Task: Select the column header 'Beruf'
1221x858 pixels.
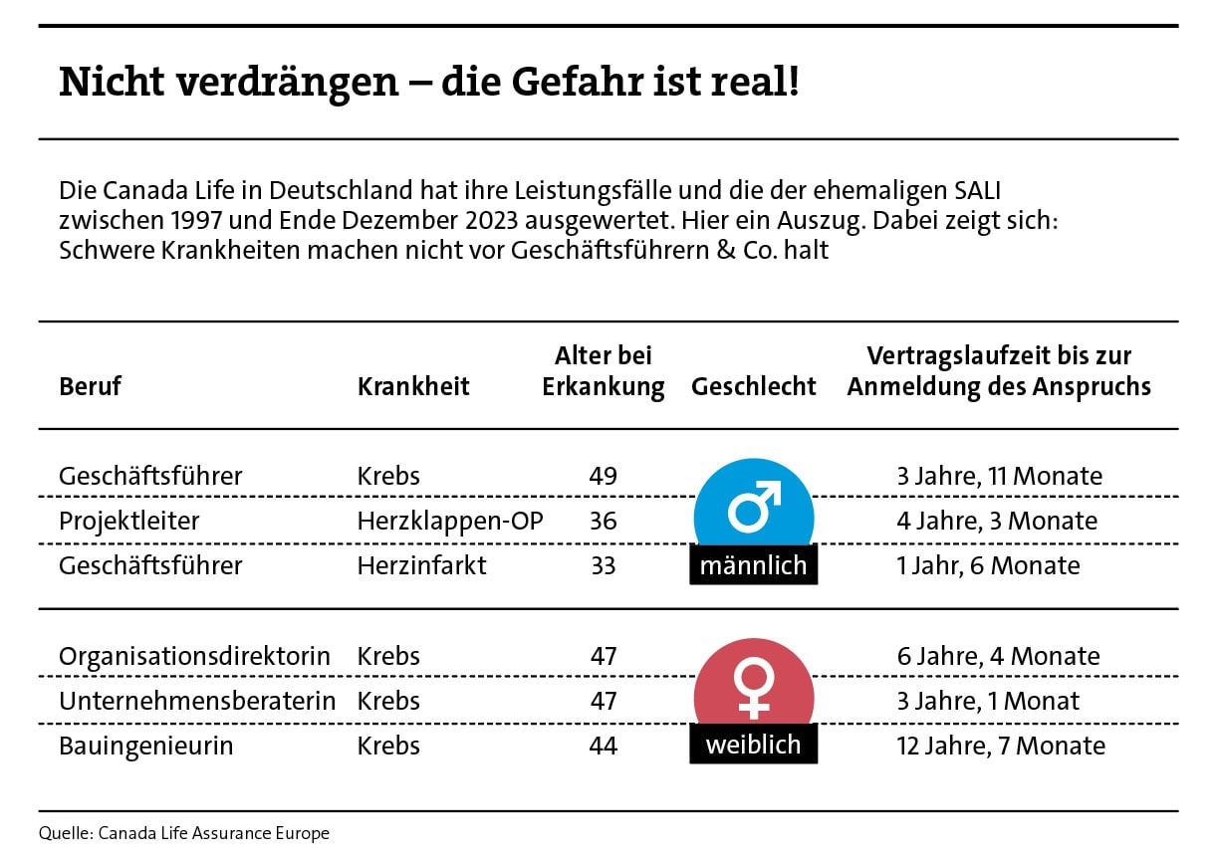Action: (90, 386)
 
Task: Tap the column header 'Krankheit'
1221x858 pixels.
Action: (413, 386)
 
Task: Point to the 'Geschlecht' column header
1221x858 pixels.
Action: (753, 386)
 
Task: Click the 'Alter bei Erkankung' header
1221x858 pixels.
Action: (603, 371)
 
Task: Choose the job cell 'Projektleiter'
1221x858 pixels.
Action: (129, 521)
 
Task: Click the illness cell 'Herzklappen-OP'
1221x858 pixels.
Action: (450, 521)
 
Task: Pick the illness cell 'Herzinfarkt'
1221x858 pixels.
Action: (422, 565)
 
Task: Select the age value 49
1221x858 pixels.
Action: (603, 476)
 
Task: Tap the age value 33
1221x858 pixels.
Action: (603, 565)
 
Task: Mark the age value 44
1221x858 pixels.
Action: (603, 746)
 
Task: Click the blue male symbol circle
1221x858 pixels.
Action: (753, 508)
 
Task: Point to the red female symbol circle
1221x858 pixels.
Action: (753, 687)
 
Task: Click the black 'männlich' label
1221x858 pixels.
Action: (753, 565)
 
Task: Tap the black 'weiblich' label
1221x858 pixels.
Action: (753, 745)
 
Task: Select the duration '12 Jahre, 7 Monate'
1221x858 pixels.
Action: (1000, 746)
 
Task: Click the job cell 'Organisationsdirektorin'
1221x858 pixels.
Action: (194, 656)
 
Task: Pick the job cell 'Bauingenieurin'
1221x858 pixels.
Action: (145, 746)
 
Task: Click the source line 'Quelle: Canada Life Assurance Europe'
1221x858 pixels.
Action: (184, 833)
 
